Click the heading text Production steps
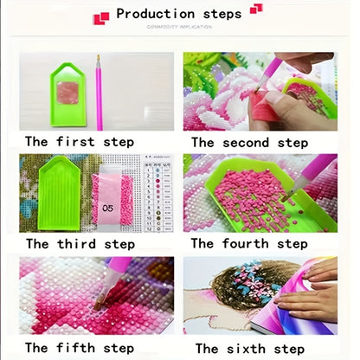click(x=179, y=14)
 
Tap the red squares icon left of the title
click(x=102, y=16)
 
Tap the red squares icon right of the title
click(x=255, y=10)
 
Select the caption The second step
click(x=249, y=141)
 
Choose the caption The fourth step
click(x=249, y=243)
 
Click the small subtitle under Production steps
click(x=179, y=29)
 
